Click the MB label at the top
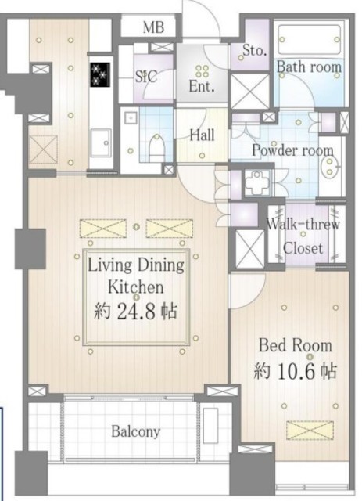point(153,27)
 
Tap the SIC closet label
point(146,77)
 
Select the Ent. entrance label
point(202,86)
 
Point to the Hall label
point(202,135)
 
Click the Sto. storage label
point(254,50)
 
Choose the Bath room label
point(309,67)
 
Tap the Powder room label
point(292,150)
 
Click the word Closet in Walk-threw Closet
point(303,248)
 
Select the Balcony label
point(136,432)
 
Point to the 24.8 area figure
point(137,312)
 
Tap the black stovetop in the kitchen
point(100,74)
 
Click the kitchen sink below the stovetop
point(101,142)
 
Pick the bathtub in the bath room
point(310,40)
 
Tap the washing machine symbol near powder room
point(257,183)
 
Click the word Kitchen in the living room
point(136,287)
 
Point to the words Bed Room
point(296,346)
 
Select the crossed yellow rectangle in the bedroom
point(310,431)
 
